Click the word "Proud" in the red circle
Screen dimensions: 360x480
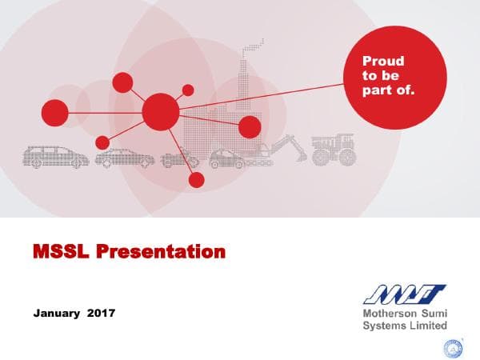coord(383,61)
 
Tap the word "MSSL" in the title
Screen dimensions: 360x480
coord(61,253)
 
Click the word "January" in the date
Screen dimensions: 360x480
coord(56,313)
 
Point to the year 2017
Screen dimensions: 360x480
coord(102,313)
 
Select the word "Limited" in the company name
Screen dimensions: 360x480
coord(427,326)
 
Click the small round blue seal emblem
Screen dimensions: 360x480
coord(453,346)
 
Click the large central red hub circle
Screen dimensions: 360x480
coord(160,112)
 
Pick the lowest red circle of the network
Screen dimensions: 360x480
coord(196,180)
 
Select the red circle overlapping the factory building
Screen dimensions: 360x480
coord(250,127)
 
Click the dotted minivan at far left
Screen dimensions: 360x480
coord(55,156)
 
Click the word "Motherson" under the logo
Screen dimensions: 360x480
coord(389,314)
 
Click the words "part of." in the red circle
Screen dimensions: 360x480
coord(389,90)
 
